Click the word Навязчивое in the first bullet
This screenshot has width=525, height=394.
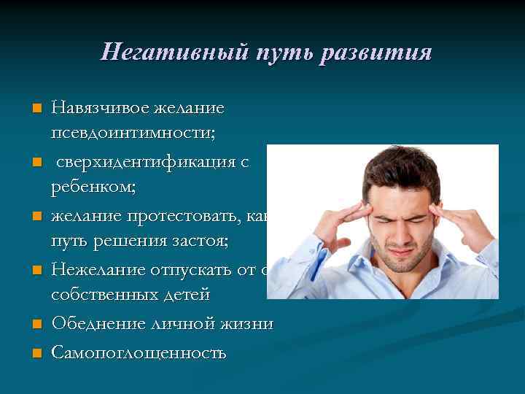(x=99, y=108)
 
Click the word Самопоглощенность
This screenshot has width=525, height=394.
(x=139, y=353)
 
